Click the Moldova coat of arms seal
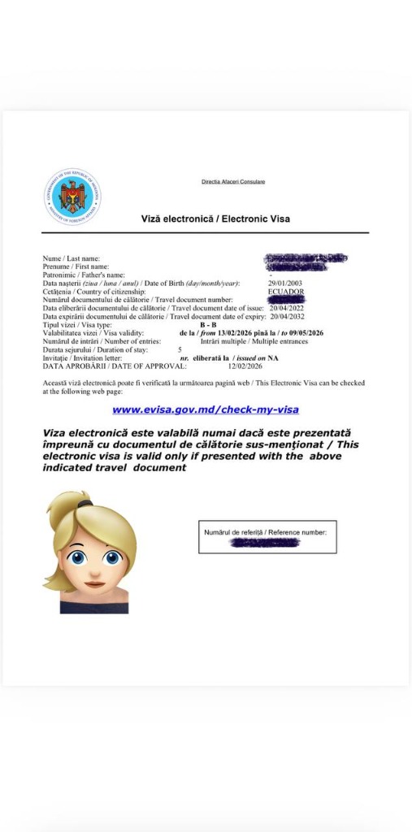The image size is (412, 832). pos(72,197)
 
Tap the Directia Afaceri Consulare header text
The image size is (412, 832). pos(233,181)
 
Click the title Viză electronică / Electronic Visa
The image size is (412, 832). pos(215,219)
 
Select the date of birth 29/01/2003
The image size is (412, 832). pos(285,283)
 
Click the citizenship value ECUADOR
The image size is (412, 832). pos(286,291)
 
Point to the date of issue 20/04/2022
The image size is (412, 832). pos(286,309)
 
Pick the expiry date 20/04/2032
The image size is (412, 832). pos(286,317)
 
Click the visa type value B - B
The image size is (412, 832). pos(208,325)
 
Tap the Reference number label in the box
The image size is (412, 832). pos(266,532)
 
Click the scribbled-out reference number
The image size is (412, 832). pos(265,542)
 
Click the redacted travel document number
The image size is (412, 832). pos(285,300)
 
